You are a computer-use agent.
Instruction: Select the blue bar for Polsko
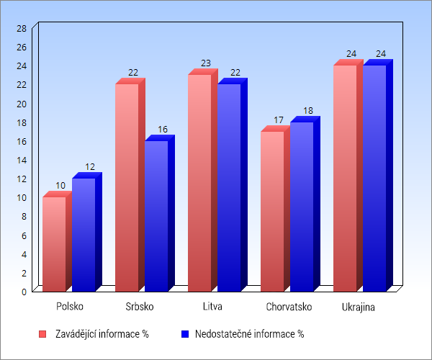84,234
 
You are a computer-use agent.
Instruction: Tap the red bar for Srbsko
127,187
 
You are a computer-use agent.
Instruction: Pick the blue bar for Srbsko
156,215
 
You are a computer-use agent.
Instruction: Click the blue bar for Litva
229,187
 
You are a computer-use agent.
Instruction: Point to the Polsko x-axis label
70,307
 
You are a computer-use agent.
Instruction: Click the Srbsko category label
140,307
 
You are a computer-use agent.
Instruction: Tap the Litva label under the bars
212,307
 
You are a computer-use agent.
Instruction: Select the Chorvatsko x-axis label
289,307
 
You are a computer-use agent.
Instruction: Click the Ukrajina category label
359,307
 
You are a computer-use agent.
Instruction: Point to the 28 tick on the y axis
22,28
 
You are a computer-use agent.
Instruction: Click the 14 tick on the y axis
22,160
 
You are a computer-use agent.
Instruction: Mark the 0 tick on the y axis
24,292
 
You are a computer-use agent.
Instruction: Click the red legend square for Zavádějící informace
42,334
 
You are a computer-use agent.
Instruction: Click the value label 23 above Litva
206,63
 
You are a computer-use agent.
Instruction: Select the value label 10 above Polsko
60,186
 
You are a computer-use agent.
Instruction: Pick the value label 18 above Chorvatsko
308,111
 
